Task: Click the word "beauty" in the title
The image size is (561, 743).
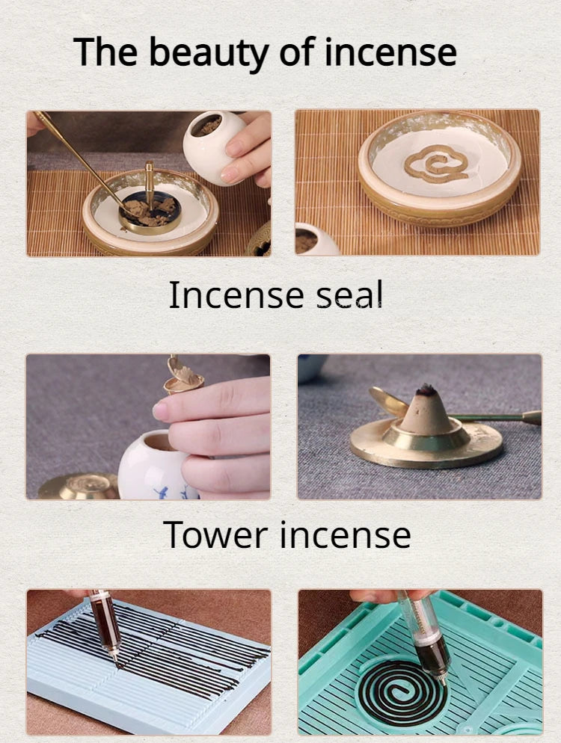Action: click(209, 53)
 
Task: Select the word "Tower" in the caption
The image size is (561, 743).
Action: click(215, 534)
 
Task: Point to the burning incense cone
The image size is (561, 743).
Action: click(426, 410)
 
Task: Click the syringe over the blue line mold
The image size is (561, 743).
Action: click(105, 625)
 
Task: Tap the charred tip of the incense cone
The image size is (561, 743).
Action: click(426, 389)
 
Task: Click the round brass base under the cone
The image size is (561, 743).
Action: click(426, 444)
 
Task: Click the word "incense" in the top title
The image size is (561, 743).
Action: click(390, 53)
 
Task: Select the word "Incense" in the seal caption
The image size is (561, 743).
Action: click(236, 295)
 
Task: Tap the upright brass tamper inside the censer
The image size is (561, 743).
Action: click(150, 184)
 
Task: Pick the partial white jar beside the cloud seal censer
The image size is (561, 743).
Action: click(315, 240)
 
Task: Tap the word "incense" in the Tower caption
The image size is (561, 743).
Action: click(345, 534)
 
